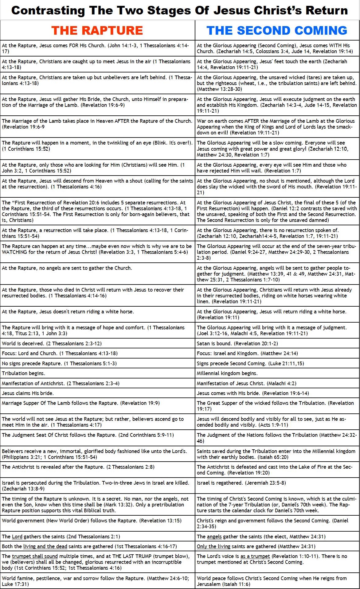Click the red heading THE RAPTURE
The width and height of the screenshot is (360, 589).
click(97, 30)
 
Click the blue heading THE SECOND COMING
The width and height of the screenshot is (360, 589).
click(277, 30)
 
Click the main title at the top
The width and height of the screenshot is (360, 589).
click(180, 10)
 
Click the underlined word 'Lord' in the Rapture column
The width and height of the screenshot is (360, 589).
click(17, 537)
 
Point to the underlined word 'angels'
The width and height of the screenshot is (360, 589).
click(214, 537)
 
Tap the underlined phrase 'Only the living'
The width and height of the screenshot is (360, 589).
click(213, 546)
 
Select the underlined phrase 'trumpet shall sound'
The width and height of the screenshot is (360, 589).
click(35, 556)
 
